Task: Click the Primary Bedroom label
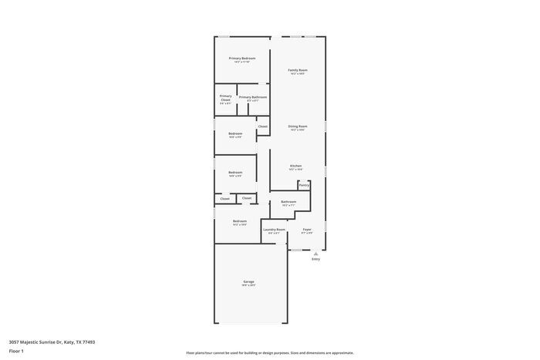(x=242, y=59)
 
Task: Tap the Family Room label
(x=298, y=70)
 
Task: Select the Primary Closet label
(x=225, y=98)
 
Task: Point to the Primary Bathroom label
(x=253, y=97)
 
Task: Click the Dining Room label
(x=298, y=126)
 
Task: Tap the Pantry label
(x=304, y=185)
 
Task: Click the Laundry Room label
(x=274, y=230)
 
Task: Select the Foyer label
(x=307, y=230)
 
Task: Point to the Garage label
(x=248, y=282)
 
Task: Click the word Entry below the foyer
(x=316, y=259)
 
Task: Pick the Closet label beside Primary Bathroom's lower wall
(x=263, y=126)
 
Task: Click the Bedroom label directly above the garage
(x=240, y=221)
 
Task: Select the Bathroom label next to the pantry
(x=289, y=202)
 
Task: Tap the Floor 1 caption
(x=16, y=351)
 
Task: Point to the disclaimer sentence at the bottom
(x=269, y=352)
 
